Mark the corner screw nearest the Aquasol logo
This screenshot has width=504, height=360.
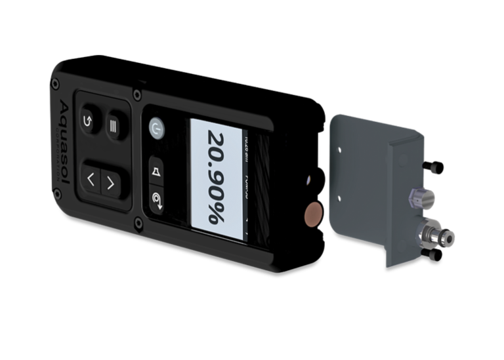click(x=55, y=83)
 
